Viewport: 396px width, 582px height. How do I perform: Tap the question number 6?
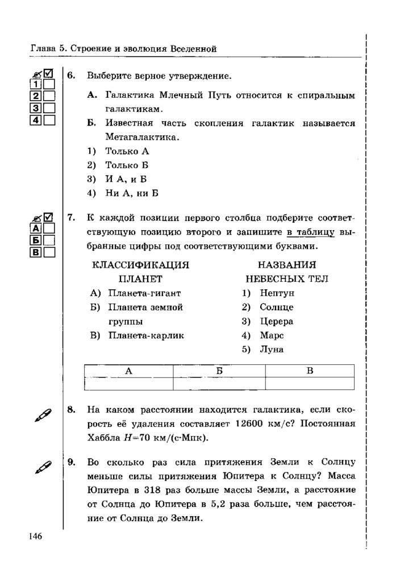70,76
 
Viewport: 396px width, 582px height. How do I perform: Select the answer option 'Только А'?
127,151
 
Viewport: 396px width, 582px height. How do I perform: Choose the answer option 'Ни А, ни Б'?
131,193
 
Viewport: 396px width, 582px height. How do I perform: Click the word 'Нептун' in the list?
278,293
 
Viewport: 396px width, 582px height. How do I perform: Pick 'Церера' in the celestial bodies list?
277,321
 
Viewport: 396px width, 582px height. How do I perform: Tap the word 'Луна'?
271,349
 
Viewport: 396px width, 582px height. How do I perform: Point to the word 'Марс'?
271,335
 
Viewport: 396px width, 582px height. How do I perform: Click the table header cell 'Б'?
219,371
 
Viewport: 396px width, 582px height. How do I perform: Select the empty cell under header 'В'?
310,384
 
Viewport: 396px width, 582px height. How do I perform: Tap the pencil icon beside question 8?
43,415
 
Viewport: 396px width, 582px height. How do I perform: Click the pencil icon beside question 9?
43,468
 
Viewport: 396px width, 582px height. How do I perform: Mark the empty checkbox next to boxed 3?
49,107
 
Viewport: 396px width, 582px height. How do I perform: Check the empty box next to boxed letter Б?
49,240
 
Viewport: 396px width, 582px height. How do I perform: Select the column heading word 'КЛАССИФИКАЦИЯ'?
140,265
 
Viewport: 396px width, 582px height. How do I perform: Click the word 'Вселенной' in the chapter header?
193,49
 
